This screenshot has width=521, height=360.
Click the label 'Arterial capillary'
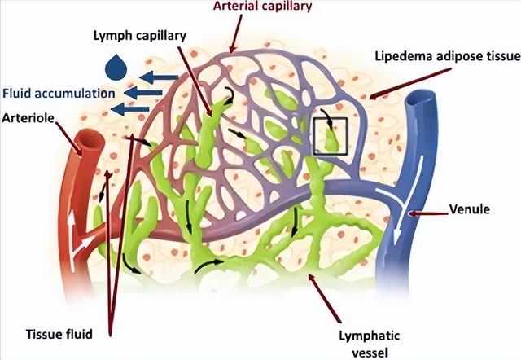pos(262,6)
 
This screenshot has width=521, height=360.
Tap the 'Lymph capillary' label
pos(139,36)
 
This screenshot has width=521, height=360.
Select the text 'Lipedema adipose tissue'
pos(448,56)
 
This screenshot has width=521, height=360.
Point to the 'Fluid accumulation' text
pos(59,94)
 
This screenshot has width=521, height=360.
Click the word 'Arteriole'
pos(28,117)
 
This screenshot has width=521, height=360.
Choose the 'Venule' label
pos(469,209)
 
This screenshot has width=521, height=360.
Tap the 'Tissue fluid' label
pos(59,334)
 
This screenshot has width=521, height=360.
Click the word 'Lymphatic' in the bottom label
pos(369,336)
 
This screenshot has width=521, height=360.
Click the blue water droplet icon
pos(116,68)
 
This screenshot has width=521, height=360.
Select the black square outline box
pos(331,118)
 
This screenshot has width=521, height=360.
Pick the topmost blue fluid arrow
pos(159,77)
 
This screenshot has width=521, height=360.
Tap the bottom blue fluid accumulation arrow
pos(130,108)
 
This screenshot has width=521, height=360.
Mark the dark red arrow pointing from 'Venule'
pos(429,213)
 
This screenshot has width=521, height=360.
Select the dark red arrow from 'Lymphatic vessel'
pos(325,298)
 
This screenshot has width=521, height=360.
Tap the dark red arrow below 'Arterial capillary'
pos(236,33)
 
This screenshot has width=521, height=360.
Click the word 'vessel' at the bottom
pos(370,353)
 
